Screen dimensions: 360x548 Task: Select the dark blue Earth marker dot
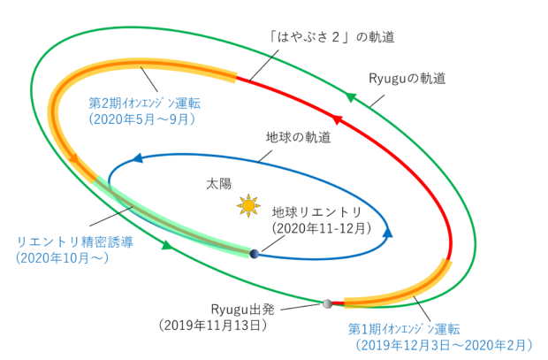pos(255,254)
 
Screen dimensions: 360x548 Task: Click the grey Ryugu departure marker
pos(328,303)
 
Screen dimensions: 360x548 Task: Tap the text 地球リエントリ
pos(317,212)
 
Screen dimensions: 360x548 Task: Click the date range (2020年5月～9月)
pos(142,117)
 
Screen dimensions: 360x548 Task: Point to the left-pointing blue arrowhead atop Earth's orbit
pos(138,159)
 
